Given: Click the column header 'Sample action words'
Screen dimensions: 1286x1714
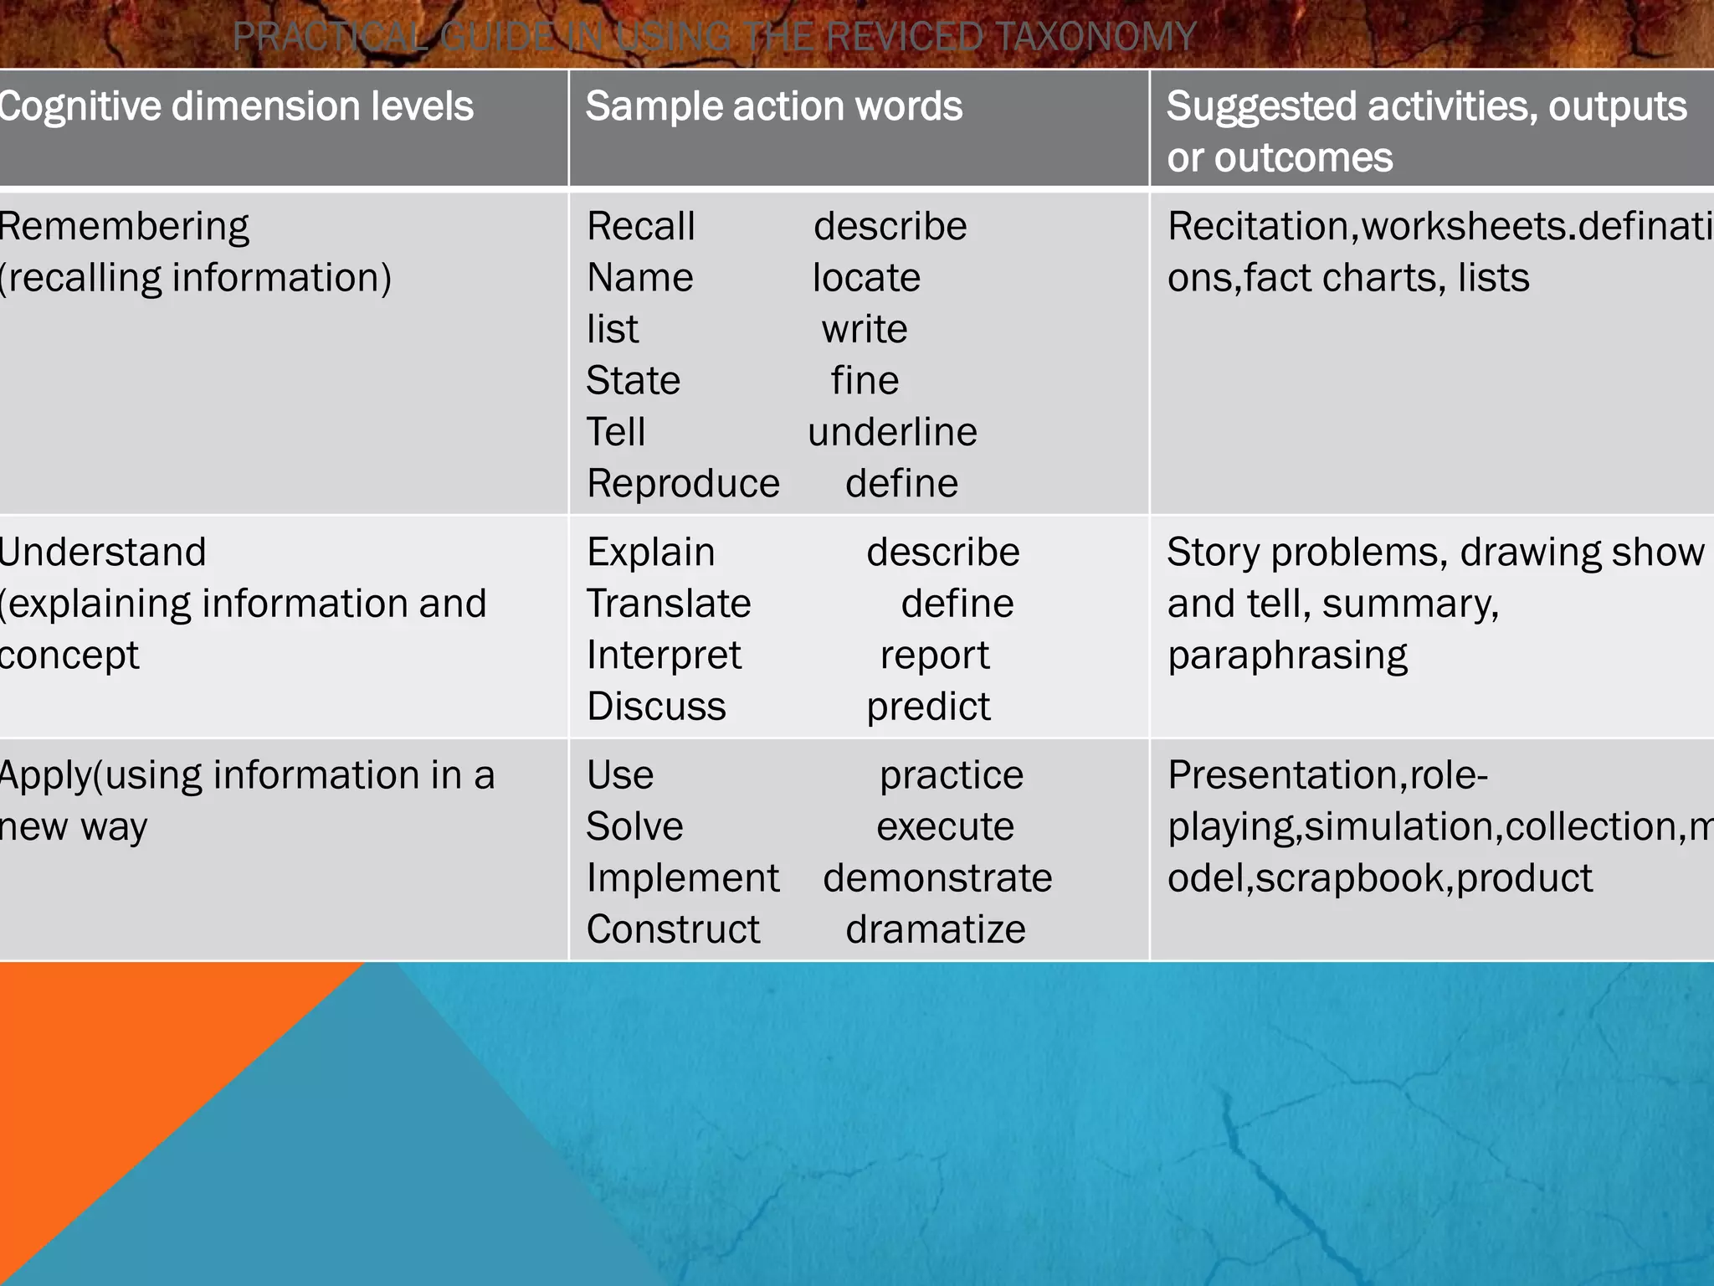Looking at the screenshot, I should (774, 107).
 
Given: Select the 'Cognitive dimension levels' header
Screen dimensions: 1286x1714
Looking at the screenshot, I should (236, 107).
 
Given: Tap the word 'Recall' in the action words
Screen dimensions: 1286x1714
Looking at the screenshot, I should (641, 226).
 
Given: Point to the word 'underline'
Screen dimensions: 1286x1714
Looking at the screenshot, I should (892, 432).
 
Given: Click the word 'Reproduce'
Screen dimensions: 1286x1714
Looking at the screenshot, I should (683, 484).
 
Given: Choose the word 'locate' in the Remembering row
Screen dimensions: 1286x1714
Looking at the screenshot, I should (866, 278).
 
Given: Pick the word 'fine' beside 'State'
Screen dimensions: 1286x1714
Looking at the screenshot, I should (865, 381).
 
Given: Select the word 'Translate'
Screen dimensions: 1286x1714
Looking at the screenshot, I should (669, 604).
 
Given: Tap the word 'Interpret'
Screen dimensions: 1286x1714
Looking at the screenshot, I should (664, 655).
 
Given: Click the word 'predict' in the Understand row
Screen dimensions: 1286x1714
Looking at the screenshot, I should (928, 707).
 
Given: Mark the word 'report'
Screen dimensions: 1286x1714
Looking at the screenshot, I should (935, 655).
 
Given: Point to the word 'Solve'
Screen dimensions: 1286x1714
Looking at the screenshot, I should (634, 826).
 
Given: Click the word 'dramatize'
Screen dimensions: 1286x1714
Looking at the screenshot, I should (936, 929).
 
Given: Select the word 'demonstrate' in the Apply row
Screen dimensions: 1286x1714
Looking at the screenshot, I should (937, 878).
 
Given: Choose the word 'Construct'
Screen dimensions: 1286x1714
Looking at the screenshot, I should (673, 929).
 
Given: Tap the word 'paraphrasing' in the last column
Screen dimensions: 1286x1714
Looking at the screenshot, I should (1287, 656).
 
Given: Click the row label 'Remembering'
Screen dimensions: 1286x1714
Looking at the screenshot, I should (124, 227).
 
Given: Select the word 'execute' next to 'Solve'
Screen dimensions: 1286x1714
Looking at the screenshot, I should (945, 826).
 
